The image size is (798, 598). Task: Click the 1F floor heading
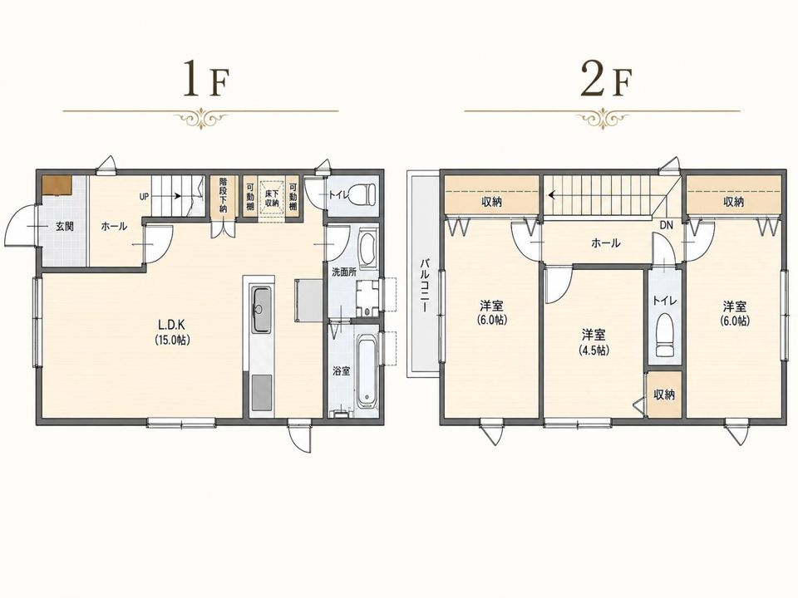tap(206, 78)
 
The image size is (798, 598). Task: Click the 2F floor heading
tap(605, 78)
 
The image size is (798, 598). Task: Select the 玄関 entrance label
tap(64, 226)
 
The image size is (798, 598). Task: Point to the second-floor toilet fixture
tap(664, 335)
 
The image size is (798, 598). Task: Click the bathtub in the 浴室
tap(367, 371)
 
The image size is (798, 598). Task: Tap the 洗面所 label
tap(344, 272)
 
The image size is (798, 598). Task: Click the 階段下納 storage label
tap(224, 194)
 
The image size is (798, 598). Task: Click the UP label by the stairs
tap(144, 196)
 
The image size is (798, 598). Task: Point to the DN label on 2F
tap(666, 225)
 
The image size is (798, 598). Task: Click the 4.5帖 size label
tap(594, 350)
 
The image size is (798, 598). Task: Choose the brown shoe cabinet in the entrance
tap(57, 185)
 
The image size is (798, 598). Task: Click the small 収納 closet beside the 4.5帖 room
tap(664, 395)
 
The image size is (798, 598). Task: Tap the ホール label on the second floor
tap(606, 243)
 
